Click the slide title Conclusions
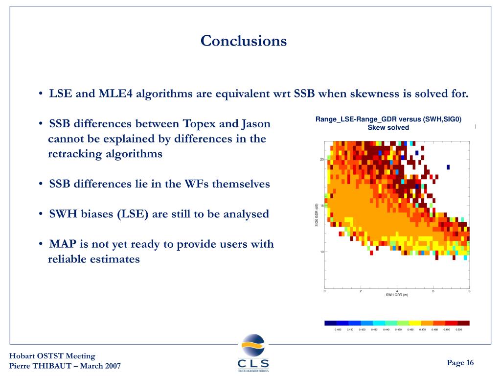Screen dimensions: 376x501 tap(244, 41)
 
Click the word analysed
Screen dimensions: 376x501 tap(244, 214)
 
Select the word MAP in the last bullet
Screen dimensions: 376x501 tap(63, 244)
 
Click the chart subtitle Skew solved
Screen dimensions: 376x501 tap(388, 128)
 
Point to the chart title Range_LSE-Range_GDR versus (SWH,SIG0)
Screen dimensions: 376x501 tap(388, 119)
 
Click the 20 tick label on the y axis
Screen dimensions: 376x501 tap(322, 160)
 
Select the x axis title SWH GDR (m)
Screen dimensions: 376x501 tap(397, 295)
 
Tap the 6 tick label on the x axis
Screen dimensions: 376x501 tap(433, 291)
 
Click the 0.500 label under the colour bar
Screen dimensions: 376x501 tap(458, 329)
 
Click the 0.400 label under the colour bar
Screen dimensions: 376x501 tap(338, 329)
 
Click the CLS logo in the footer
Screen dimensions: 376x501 tap(253, 352)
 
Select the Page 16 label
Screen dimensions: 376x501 tap(460, 362)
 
